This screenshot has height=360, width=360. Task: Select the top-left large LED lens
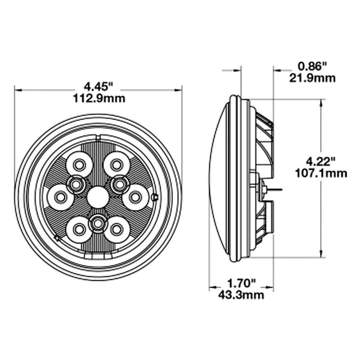tap(79, 164)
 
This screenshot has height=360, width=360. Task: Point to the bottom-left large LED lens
tap(79, 229)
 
